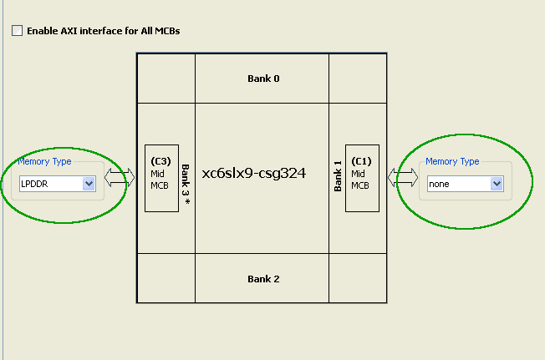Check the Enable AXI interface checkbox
(17, 31)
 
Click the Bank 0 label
(263, 79)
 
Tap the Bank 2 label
(263, 278)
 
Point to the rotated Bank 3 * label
(186, 176)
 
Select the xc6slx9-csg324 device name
(254, 174)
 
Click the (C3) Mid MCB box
(161, 177)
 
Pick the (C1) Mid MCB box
(362, 177)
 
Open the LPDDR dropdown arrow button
(89, 184)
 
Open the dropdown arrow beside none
(497, 184)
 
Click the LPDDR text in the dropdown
(35, 184)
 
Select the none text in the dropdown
(440, 184)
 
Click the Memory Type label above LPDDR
(44, 162)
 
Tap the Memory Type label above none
(452, 161)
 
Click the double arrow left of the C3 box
(120, 177)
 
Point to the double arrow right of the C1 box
(403, 177)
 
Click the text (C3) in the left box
(160, 161)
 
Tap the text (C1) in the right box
(361, 161)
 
